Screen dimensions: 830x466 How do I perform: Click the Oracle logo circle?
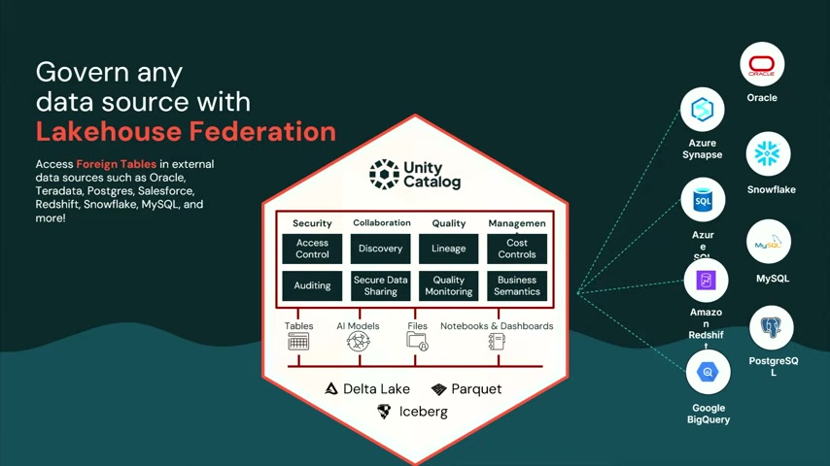(762, 64)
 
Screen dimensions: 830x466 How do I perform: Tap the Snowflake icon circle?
(768, 154)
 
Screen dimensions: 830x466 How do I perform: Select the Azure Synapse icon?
(703, 110)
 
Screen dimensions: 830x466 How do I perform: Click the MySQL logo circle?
(769, 243)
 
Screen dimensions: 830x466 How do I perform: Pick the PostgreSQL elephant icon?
(772, 327)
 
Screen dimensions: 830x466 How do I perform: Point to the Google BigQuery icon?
(709, 373)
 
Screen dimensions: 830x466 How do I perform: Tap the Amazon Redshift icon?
(707, 281)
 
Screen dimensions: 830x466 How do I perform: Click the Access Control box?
(312, 249)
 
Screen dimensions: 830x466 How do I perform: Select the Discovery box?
(381, 249)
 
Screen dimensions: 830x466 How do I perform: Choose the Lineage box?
(449, 249)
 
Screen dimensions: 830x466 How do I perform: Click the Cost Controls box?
(517, 249)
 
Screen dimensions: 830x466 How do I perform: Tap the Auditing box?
(312, 285)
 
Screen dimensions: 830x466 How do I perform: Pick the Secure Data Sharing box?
(381, 285)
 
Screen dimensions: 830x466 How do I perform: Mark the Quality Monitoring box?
(449, 285)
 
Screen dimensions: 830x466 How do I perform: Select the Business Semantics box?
(517, 285)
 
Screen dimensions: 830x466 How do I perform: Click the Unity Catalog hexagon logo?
(384, 174)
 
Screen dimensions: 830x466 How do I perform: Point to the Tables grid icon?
(298, 342)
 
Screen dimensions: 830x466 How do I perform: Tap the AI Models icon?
(359, 342)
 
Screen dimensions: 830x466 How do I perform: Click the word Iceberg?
(424, 412)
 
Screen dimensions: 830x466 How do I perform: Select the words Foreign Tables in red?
(117, 164)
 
